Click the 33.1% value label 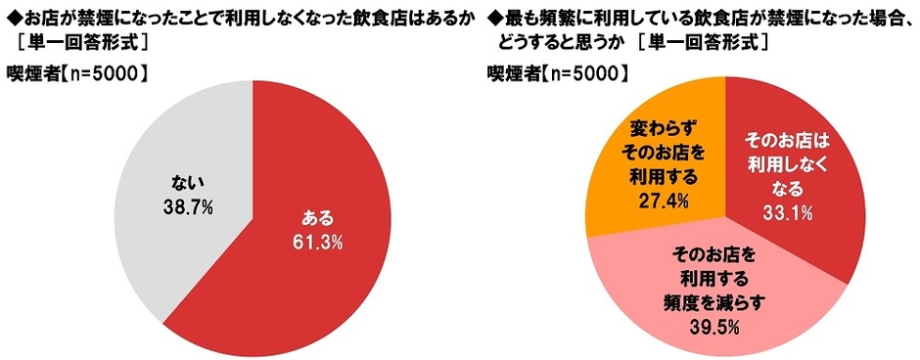[x=790, y=210]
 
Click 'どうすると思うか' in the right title [x=544, y=45]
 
